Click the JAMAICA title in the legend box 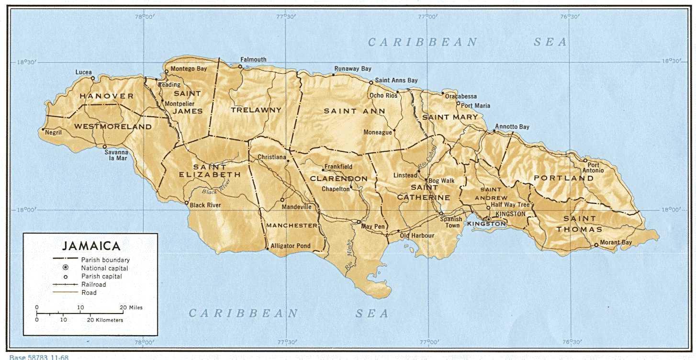(91, 246)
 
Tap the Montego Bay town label (189, 68)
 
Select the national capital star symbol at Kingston (488, 220)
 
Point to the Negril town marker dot (44, 129)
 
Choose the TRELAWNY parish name (256, 110)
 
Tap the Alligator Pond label (291, 246)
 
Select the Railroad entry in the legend (93, 284)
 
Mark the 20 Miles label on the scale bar (131, 307)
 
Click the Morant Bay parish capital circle (596, 245)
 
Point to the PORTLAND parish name (564, 178)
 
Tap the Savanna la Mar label (116, 155)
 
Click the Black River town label (205, 205)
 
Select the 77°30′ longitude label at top (286, 16)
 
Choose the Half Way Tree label (510, 205)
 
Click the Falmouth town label (253, 60)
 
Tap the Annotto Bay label (512, 127)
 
